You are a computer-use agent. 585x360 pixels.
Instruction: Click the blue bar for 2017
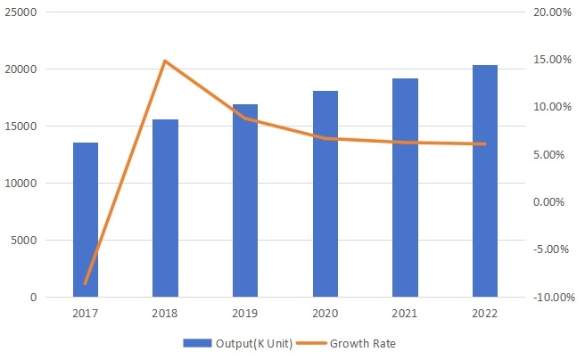(86, 219)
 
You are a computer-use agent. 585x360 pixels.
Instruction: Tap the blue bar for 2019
(245, 200)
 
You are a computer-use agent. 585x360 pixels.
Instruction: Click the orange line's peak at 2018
(165, 61)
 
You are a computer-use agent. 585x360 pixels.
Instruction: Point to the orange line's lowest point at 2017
(86, 283)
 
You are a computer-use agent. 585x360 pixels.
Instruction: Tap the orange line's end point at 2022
(484, 143)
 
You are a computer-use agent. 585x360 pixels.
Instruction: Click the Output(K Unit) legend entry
(238, 343)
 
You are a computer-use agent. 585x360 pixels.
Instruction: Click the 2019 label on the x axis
(245, 314)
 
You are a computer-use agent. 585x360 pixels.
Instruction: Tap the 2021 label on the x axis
(405, 314)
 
